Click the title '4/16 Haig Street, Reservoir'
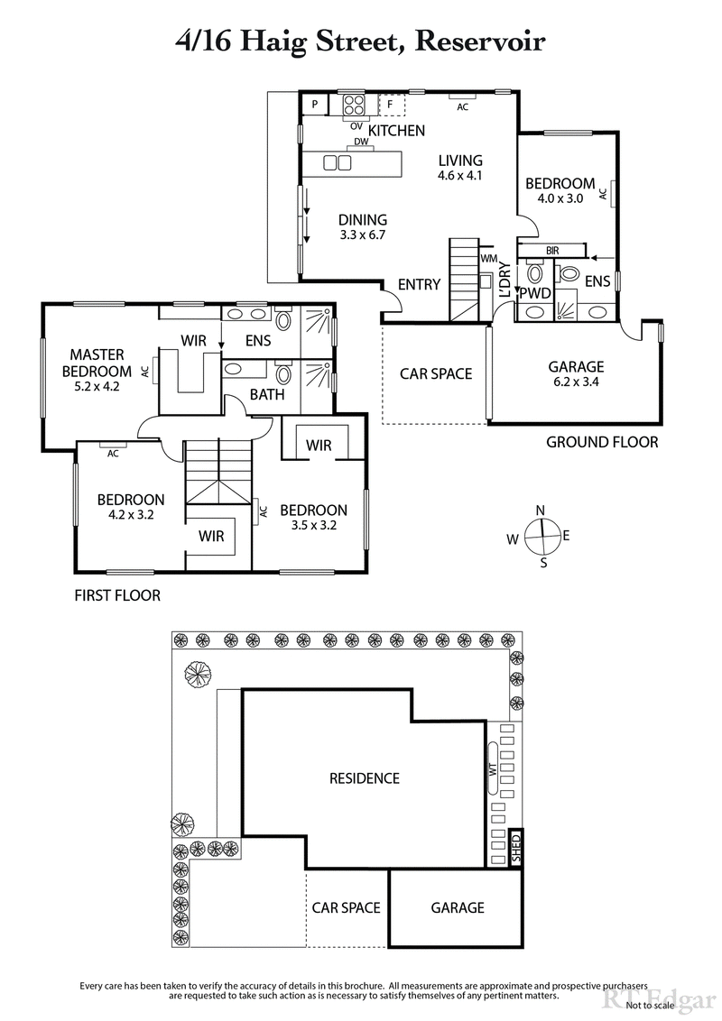click(x=360, y=41)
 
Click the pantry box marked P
click(x=315, y=105)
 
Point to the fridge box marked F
click(x=391, y=105)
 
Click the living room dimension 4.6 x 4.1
click(x=460, y=176)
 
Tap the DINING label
click(x=363, y=219)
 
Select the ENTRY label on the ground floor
click(x=419, y=285)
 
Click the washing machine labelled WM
click(x=489, y=259)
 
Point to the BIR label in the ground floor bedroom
click(x=553, y=251)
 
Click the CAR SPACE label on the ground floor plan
click(x=437, y=373)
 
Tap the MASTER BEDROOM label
click(x=97, y=363)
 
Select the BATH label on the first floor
click(x=267, y=394)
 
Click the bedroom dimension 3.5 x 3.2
click(x=313, y=526)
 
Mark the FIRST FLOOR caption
click(x=118, y=595)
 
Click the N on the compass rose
click(x=541, y=510)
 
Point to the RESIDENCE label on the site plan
click(x=364, y=778)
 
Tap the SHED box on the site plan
click(x=516, y=848)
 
